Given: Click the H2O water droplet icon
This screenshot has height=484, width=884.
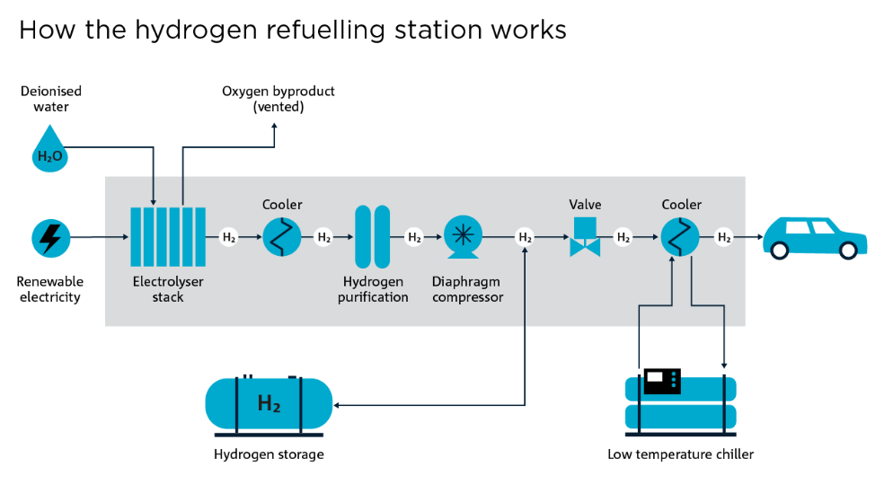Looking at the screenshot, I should click(50, 150).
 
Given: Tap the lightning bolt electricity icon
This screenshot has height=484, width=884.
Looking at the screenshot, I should click(50, 238).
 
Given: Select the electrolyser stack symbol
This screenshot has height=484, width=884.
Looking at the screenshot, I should click(168, 237).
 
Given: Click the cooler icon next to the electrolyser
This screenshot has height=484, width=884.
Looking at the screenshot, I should click(281, 238).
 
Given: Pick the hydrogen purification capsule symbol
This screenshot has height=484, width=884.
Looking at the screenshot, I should click(372, 237).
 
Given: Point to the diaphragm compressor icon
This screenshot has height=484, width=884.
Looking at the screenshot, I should click(464, 237).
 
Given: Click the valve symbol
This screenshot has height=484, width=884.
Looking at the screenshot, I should click(585, 235).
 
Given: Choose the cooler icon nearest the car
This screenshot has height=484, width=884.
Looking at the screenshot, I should click(680, 238).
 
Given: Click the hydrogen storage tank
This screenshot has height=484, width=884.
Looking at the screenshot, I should click(269, 403).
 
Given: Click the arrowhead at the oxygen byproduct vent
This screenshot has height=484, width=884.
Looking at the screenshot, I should click(274, 128).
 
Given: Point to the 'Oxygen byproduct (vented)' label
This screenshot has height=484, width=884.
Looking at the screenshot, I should click(278, 99).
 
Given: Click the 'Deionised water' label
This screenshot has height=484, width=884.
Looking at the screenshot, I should click(51, 99).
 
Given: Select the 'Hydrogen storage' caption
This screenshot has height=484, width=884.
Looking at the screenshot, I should click(269, 454).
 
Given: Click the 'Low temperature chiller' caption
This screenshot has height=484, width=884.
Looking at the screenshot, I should click(680, 454).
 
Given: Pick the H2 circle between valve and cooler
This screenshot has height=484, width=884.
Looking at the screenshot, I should click(622, 238).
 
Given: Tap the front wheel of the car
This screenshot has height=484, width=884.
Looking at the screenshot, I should click(847, 251).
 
